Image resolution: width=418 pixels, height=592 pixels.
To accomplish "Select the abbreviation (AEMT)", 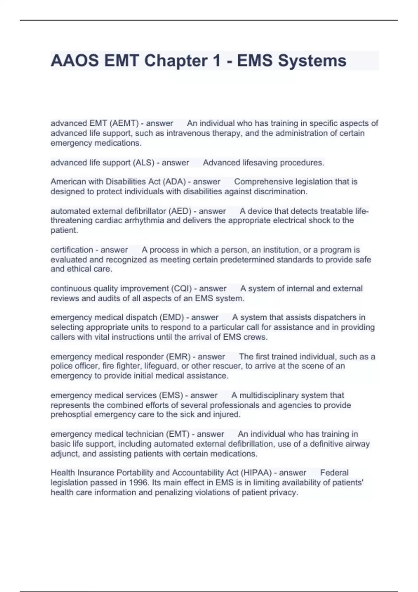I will (x=124, y=123).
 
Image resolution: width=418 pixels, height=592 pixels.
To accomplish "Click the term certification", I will (x=72, y=250).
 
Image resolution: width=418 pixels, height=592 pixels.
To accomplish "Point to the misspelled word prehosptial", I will (x=71, y=414).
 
